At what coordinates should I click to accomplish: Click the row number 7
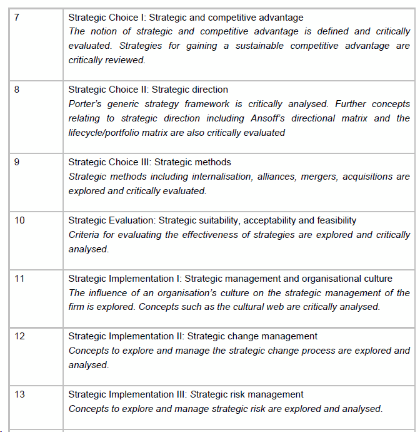pos(16,17)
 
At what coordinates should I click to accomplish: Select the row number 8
pos(16,90)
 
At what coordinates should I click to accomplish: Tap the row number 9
pos(16,162)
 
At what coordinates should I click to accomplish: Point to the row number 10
pos(19,220)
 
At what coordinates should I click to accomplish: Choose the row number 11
pos(19,279)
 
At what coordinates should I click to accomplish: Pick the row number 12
pos(19,336)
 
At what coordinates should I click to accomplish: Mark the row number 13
pos(19,394)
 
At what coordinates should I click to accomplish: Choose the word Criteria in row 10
pos(84,235)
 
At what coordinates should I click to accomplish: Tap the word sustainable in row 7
pos(262,46)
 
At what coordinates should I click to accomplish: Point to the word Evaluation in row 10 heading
pos(131,220)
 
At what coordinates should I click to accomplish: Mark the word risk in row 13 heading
pos(235,394)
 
